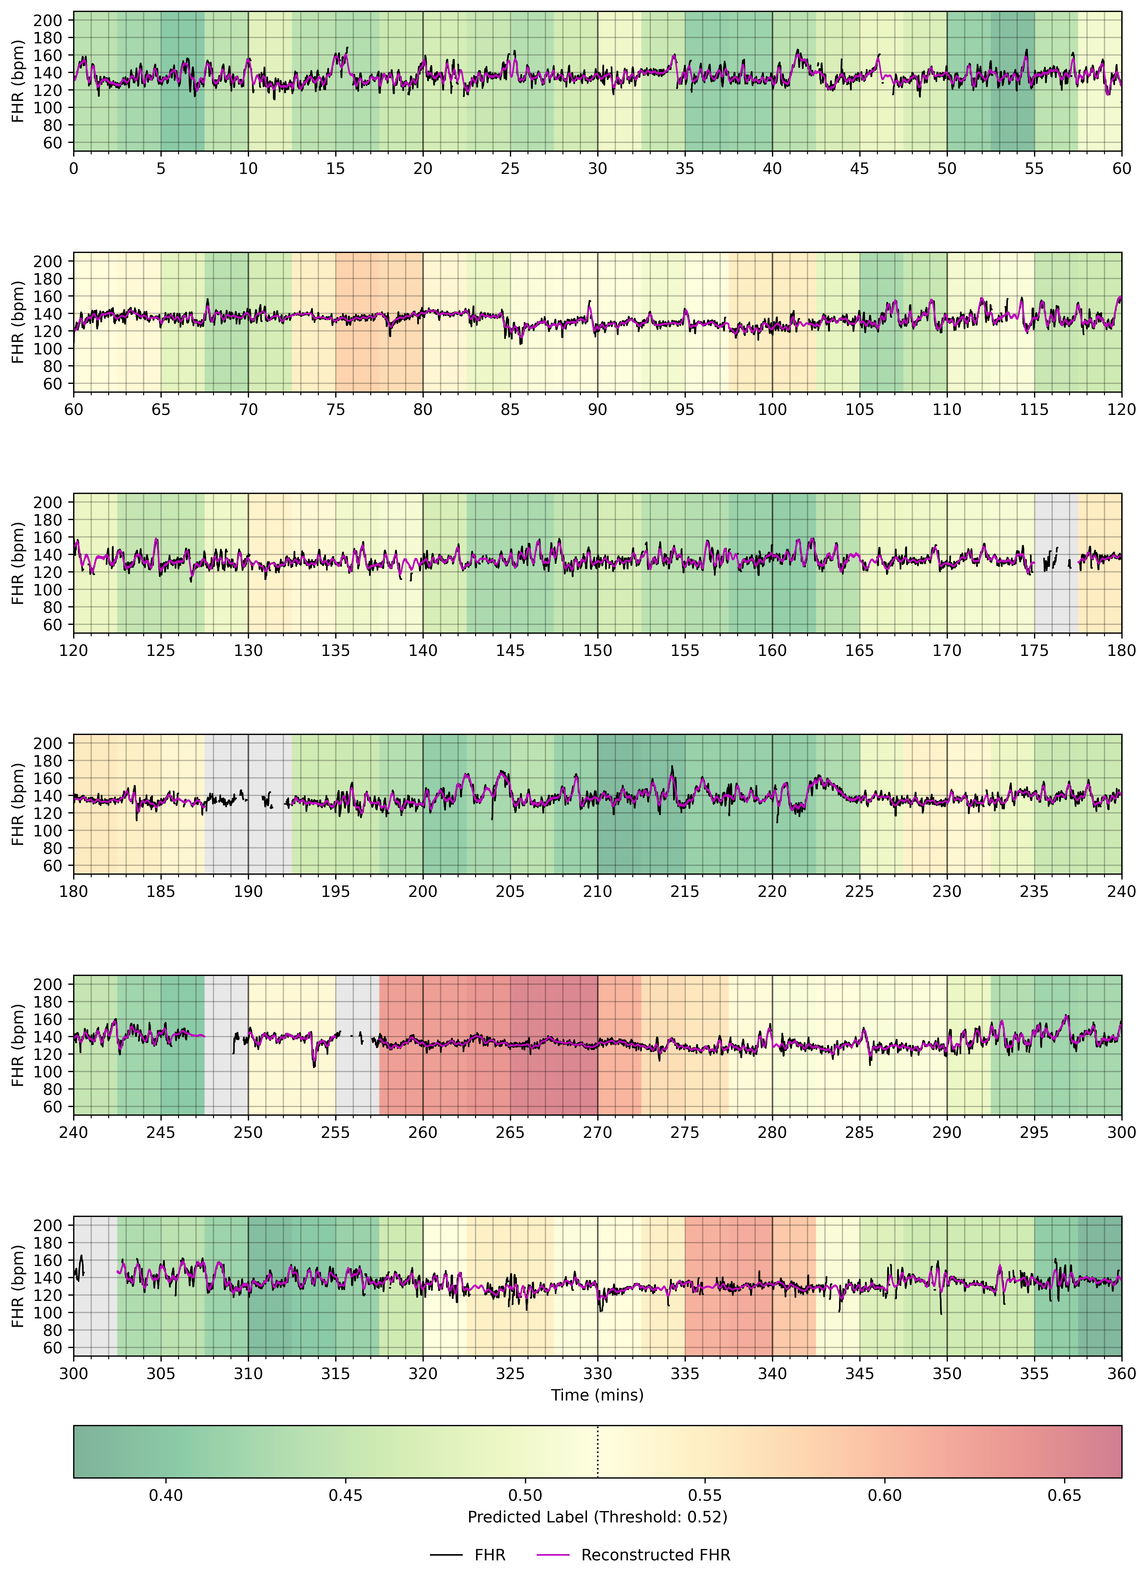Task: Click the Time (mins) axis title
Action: [x=597, y=1395]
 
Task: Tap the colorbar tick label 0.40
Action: [x=166, y=1495]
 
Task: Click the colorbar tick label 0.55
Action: [x=705, y=1495]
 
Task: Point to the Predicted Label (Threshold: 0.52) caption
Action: [x=597, y=1517]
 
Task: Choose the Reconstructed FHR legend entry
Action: [x=655, y=1555]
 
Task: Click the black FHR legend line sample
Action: [x=446, y=1555]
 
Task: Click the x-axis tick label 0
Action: [x=74, y=169]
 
